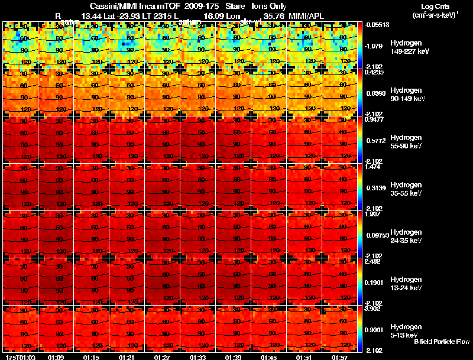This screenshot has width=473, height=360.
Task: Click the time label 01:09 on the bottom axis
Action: [56, 357]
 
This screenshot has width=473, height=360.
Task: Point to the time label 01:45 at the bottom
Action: [268, 357]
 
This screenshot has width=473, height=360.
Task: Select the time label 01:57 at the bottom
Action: [339, 357]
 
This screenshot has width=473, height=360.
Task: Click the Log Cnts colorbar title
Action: [435, 10]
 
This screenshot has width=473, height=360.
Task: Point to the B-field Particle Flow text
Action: [442, 342]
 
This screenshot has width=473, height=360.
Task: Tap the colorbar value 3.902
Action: [373, 309]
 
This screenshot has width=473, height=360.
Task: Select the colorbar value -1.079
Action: [373, 46]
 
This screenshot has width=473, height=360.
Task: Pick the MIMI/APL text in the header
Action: [304, 15]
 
